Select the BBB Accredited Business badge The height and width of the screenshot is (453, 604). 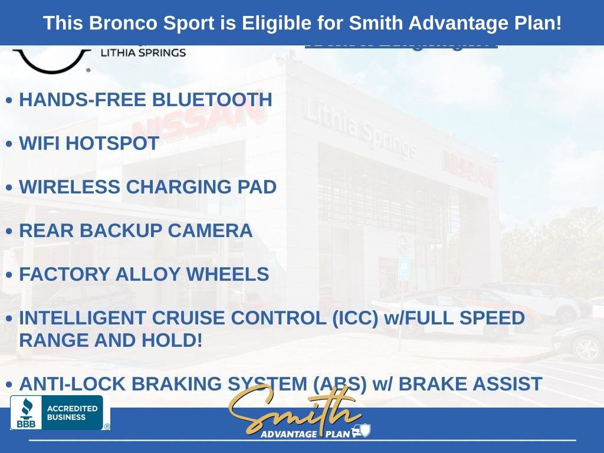click(57, 412)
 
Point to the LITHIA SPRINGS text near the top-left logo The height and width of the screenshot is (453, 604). click(143, 52)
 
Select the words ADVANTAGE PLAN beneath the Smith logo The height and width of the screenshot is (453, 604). click(305, 434)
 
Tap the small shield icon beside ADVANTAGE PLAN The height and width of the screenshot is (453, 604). click(365, 431)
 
